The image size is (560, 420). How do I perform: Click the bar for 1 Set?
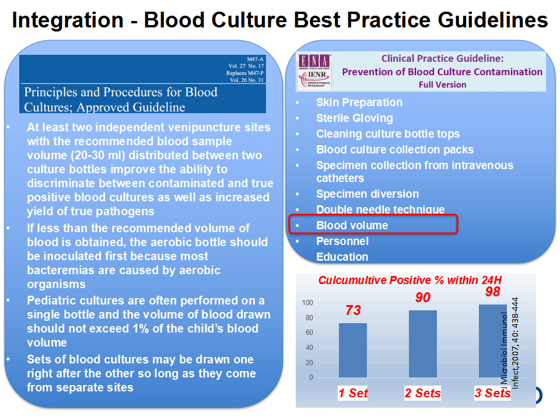[x=353, y=350]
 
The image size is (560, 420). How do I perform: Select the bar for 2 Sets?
[x=423, y=344]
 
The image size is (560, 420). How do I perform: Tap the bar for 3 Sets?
[x=492, y=341]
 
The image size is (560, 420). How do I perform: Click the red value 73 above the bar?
[x=353, y=310]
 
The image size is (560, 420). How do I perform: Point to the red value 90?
[x=423, y=297]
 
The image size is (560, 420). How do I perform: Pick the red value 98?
[x=492, y=292]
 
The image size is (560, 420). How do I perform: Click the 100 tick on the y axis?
[x=307, y=303]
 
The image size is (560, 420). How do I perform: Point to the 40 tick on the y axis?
[x=309, y=348]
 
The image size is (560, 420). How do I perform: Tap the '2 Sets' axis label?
[x=422, y=393]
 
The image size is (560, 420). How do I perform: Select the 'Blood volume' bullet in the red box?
[x=352, y=225]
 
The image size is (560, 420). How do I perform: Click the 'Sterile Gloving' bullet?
[x=355, y=118]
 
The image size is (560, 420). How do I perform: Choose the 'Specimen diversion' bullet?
[x=367, y=194]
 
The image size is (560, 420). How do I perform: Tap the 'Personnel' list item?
[x=342, y=241]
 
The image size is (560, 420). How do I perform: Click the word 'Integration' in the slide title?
[x=68, y=20]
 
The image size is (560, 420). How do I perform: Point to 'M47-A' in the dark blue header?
[x=255, y=60]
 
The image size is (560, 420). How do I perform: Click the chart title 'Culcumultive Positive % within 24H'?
[x=410, y=280]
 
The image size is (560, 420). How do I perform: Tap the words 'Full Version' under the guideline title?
[x=443, y=85]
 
